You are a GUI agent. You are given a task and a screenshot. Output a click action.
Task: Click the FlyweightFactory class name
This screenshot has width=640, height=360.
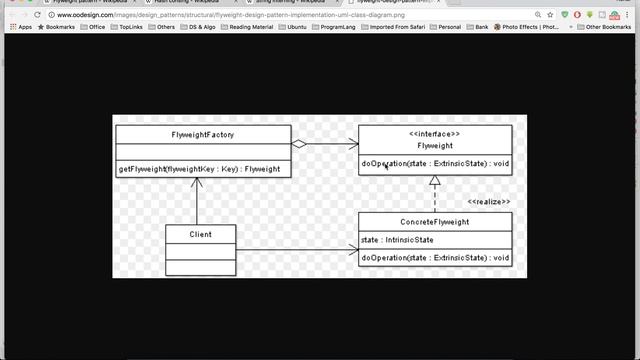(203, 134)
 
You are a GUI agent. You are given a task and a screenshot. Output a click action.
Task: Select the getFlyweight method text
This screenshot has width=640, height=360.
(199, 168)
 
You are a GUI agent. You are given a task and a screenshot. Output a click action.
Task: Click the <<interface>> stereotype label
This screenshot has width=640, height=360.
(434, 133)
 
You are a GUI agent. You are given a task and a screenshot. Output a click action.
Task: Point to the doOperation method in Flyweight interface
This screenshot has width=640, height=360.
(434, 163)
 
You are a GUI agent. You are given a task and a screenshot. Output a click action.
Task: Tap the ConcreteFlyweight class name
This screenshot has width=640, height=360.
(434, 222)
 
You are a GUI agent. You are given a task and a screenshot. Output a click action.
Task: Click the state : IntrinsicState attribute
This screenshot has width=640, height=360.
(397, 240)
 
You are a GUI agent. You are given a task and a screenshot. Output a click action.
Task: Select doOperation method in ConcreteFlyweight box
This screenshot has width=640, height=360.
(434, 258)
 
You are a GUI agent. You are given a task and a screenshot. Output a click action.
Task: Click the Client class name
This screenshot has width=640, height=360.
(200, 235)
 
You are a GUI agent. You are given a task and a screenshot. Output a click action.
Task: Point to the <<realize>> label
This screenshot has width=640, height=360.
(489, 202)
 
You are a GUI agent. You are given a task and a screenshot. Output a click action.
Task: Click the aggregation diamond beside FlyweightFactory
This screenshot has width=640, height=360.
(299, 144)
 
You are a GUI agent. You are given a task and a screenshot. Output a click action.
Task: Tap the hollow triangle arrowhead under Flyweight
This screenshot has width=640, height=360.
(434, 181)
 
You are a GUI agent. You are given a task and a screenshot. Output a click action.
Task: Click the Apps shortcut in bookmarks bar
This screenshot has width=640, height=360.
(21, 27)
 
